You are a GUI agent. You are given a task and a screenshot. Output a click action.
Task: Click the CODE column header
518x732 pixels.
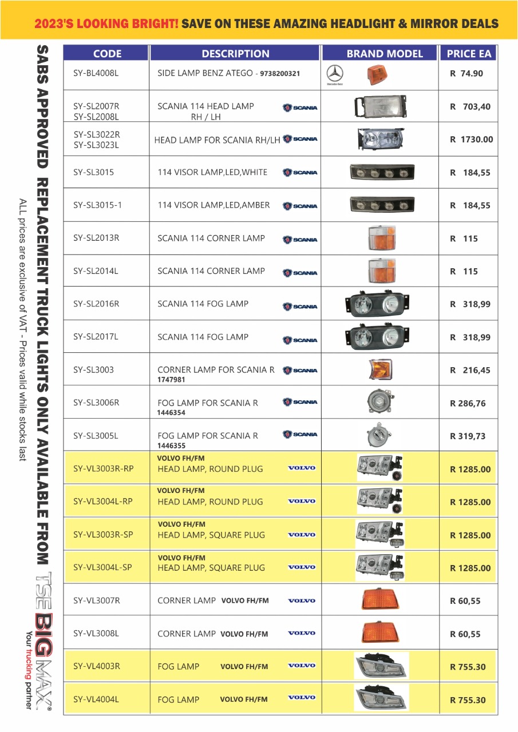pos(107,54)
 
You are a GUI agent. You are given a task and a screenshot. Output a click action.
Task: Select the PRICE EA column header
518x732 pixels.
pos(469,54)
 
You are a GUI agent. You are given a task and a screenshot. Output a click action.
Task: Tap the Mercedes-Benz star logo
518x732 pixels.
pos(334,74)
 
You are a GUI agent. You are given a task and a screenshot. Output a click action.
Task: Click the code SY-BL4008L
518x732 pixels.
pos(96,73)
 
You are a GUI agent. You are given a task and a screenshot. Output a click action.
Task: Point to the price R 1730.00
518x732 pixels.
pos(471,139)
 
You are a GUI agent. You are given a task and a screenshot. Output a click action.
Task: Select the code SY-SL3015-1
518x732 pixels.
pos(97,205)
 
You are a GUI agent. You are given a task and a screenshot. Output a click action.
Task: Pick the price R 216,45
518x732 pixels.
pos(470,370)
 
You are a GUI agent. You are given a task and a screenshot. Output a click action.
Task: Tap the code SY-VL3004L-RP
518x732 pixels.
pos(103,502)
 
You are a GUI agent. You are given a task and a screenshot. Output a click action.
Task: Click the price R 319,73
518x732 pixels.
pos(468,436)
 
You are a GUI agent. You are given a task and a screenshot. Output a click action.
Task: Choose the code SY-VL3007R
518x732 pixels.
pos(97,600)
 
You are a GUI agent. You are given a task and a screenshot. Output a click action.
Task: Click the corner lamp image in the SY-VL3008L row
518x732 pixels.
pos(380,632)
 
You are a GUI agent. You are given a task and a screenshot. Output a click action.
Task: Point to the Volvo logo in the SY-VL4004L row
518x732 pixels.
pos(301,698)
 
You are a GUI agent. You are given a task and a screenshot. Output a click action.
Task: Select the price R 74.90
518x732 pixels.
pos(466,73)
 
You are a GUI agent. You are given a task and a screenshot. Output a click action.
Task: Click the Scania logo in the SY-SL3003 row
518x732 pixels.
pos(300,371)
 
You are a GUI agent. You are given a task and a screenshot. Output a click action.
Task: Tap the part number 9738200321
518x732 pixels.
pos(280,74)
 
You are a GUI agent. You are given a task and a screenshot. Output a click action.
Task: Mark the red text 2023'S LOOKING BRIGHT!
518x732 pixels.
pos(106,24)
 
